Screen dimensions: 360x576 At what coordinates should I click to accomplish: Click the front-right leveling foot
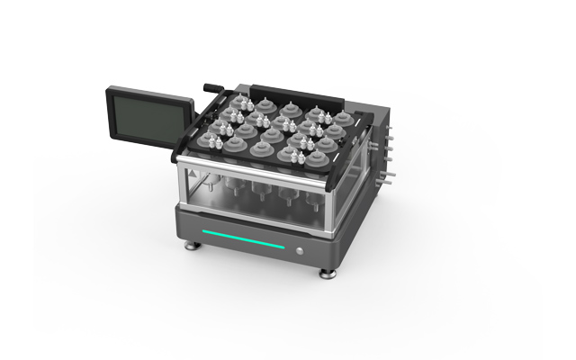coord(324,270)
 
